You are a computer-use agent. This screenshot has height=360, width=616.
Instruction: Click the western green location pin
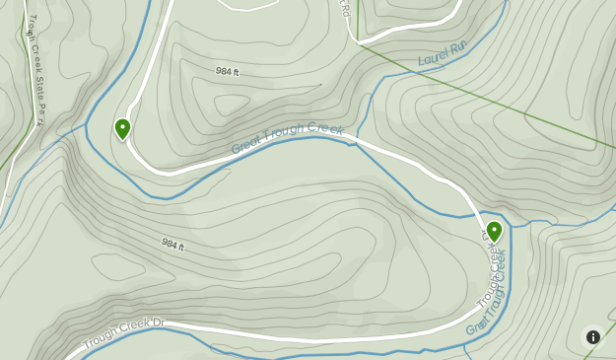[x=122, y=128]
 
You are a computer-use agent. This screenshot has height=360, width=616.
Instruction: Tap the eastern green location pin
[x=494, y=231]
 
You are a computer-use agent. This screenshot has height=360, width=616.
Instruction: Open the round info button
[x=592, y=336]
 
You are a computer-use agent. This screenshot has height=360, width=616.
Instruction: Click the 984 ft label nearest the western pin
[x=228, y=72]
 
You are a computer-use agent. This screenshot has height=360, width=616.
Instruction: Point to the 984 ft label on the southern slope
[x=171, y=245]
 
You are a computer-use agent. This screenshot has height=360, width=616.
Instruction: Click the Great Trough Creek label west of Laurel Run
[x=287, y=139]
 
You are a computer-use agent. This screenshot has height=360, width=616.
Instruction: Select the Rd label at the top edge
[x=345, y=10]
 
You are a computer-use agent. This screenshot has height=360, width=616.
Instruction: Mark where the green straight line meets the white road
[x=361, y=43]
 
